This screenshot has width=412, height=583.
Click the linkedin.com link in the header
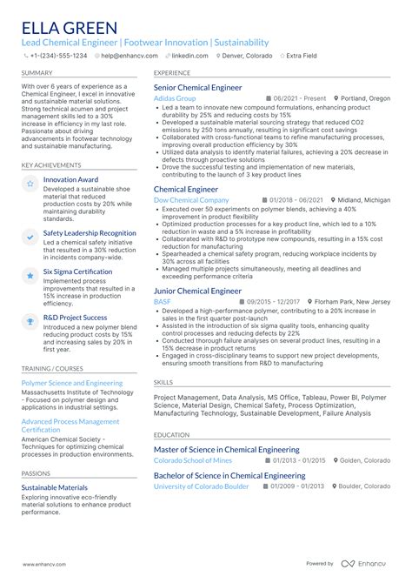point(189,55)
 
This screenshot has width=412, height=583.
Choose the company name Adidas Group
point(175,98)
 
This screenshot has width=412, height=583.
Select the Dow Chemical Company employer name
point(191,200)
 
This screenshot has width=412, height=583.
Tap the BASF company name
point(162,301)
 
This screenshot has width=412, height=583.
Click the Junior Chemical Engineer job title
point(197,291)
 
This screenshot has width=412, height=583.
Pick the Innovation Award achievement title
point(70,179)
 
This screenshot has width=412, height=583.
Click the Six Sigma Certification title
point(78,271)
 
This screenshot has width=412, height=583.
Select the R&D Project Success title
point(75,317)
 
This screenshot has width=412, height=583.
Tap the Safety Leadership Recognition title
point(90,233)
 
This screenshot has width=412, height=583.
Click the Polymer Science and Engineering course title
point(72,382)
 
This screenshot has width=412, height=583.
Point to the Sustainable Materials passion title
point(54,487)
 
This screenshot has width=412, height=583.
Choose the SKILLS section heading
point(163,381)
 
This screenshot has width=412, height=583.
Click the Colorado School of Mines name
point(193,460)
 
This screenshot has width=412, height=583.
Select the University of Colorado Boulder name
point(201,486)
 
